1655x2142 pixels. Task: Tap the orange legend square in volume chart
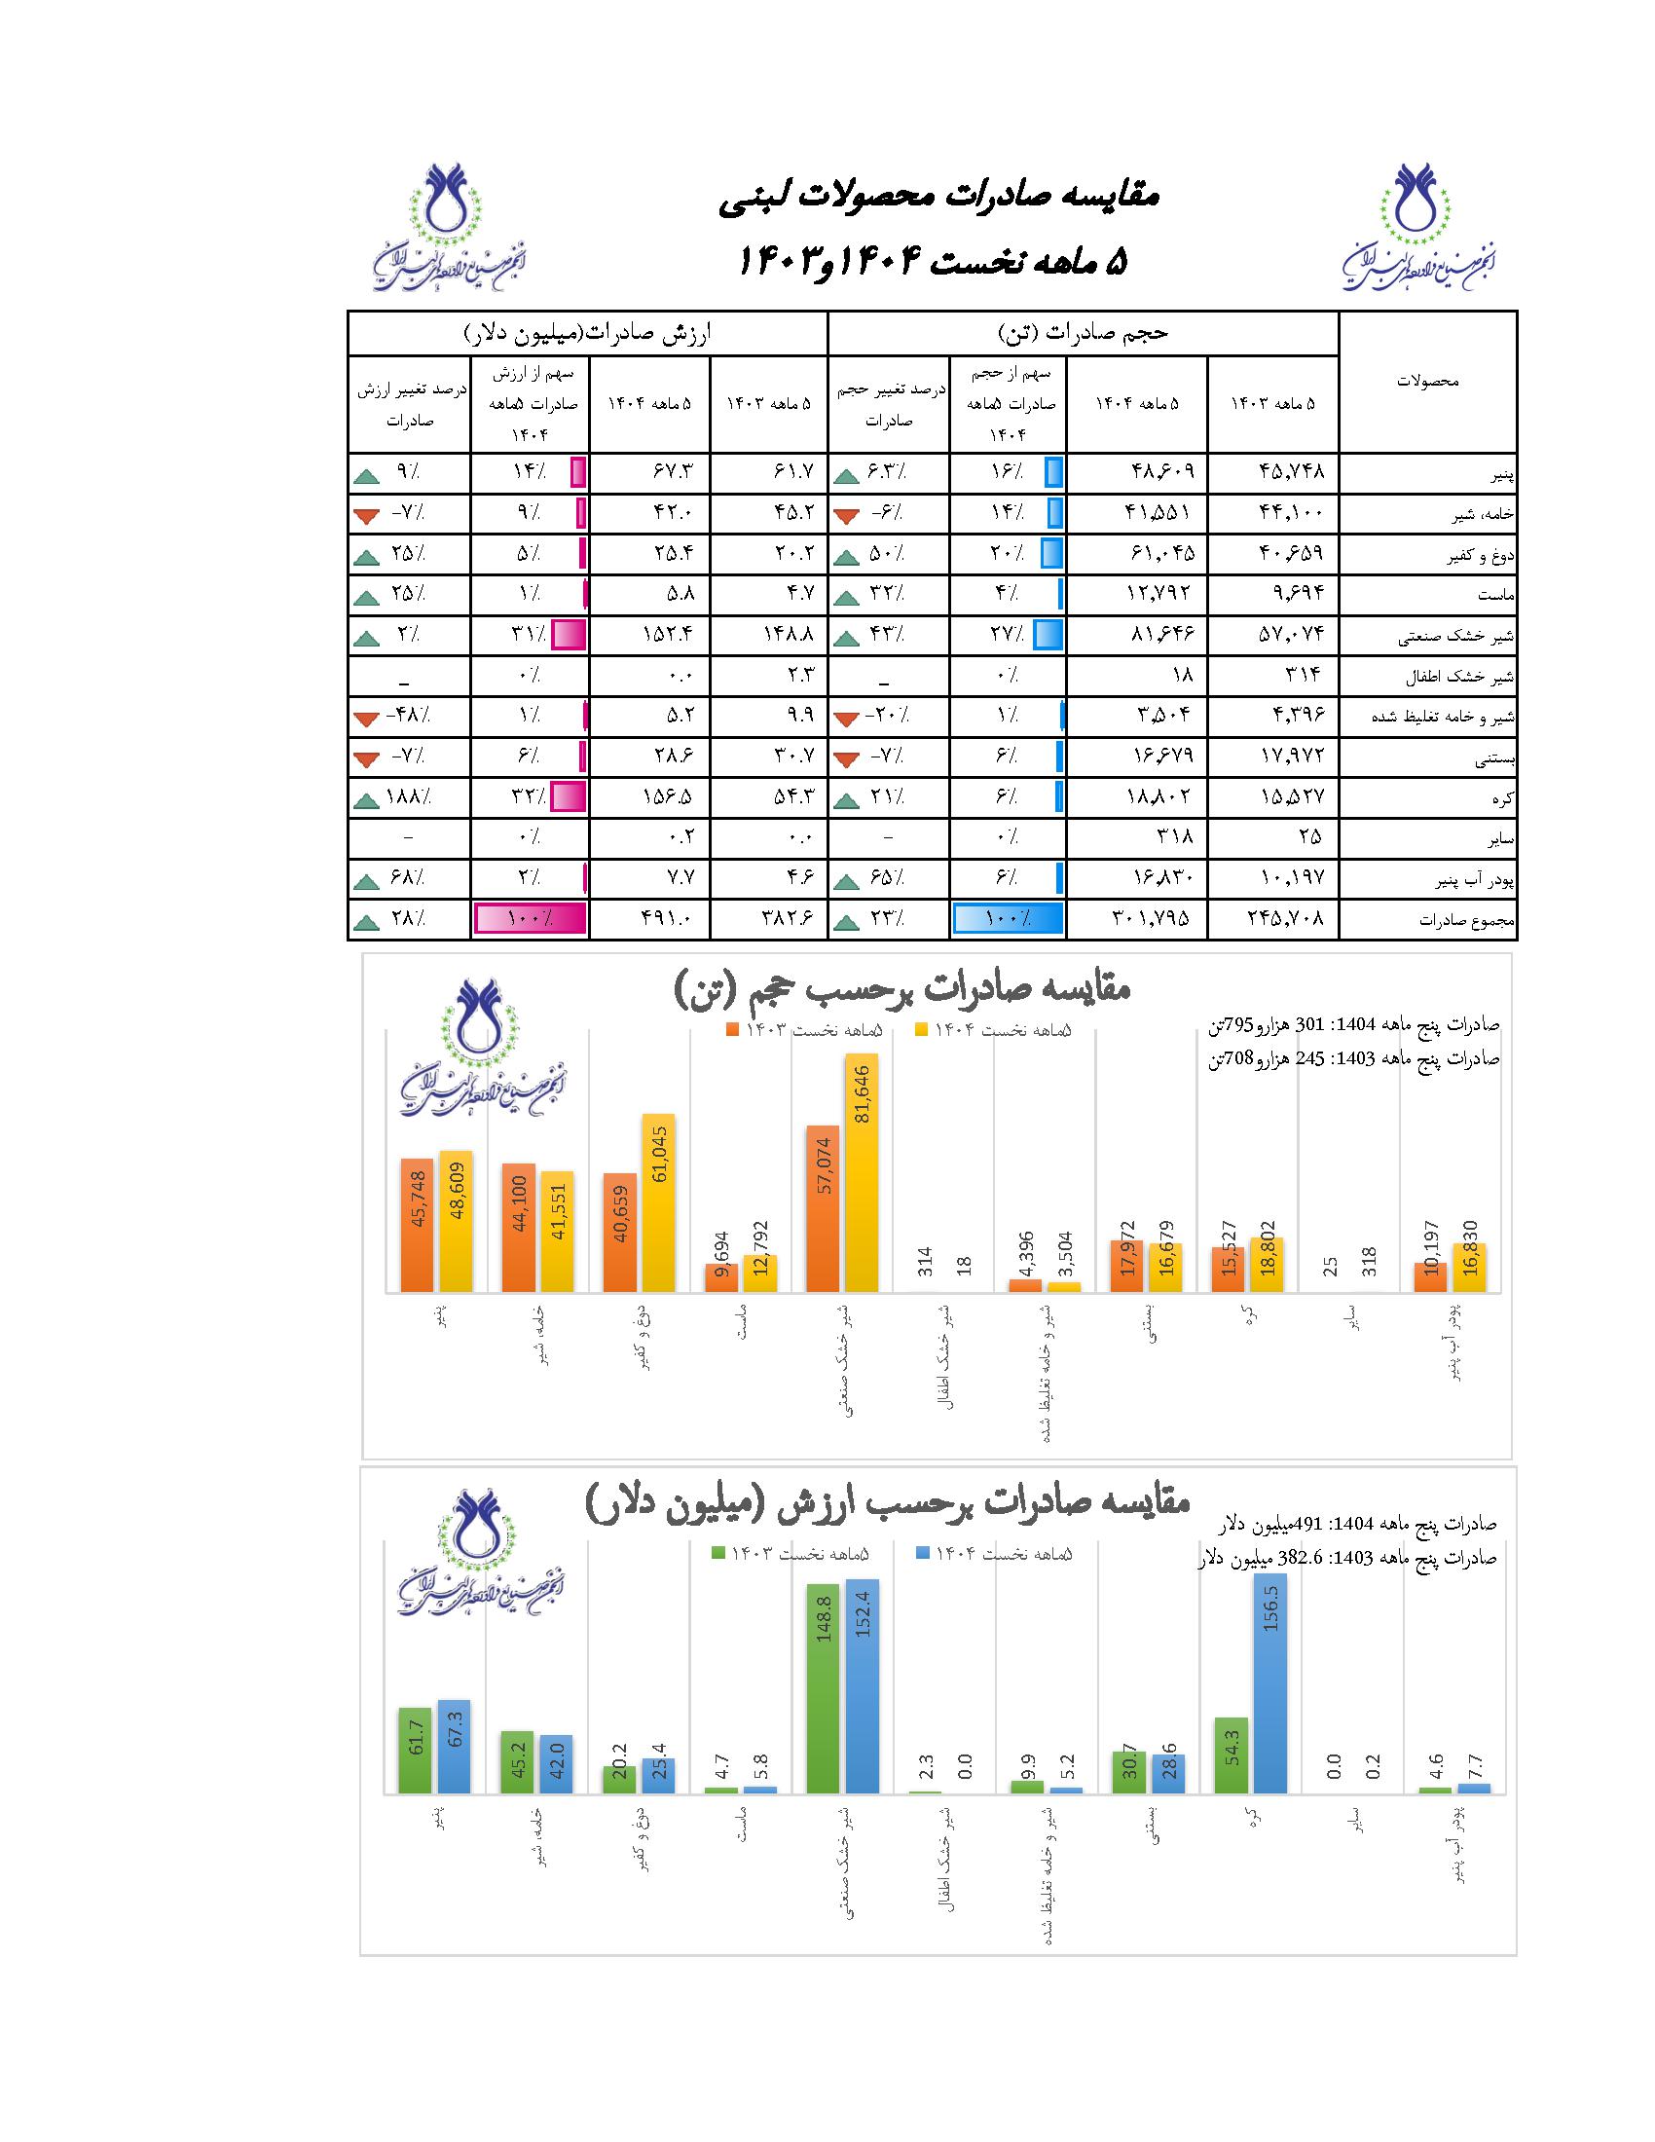click(x=732, y=1030)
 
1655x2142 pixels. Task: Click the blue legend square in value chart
click(x=922, y=1554)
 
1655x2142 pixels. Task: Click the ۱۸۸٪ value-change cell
click(x=409, y=797)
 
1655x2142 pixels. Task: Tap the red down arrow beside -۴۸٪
click(x=367, y=719)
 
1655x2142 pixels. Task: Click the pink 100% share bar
click(x=531, y=919)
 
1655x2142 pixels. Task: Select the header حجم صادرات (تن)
click(x=1083, y=333)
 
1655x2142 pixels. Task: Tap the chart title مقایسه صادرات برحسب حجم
click(x=902, y=988)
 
